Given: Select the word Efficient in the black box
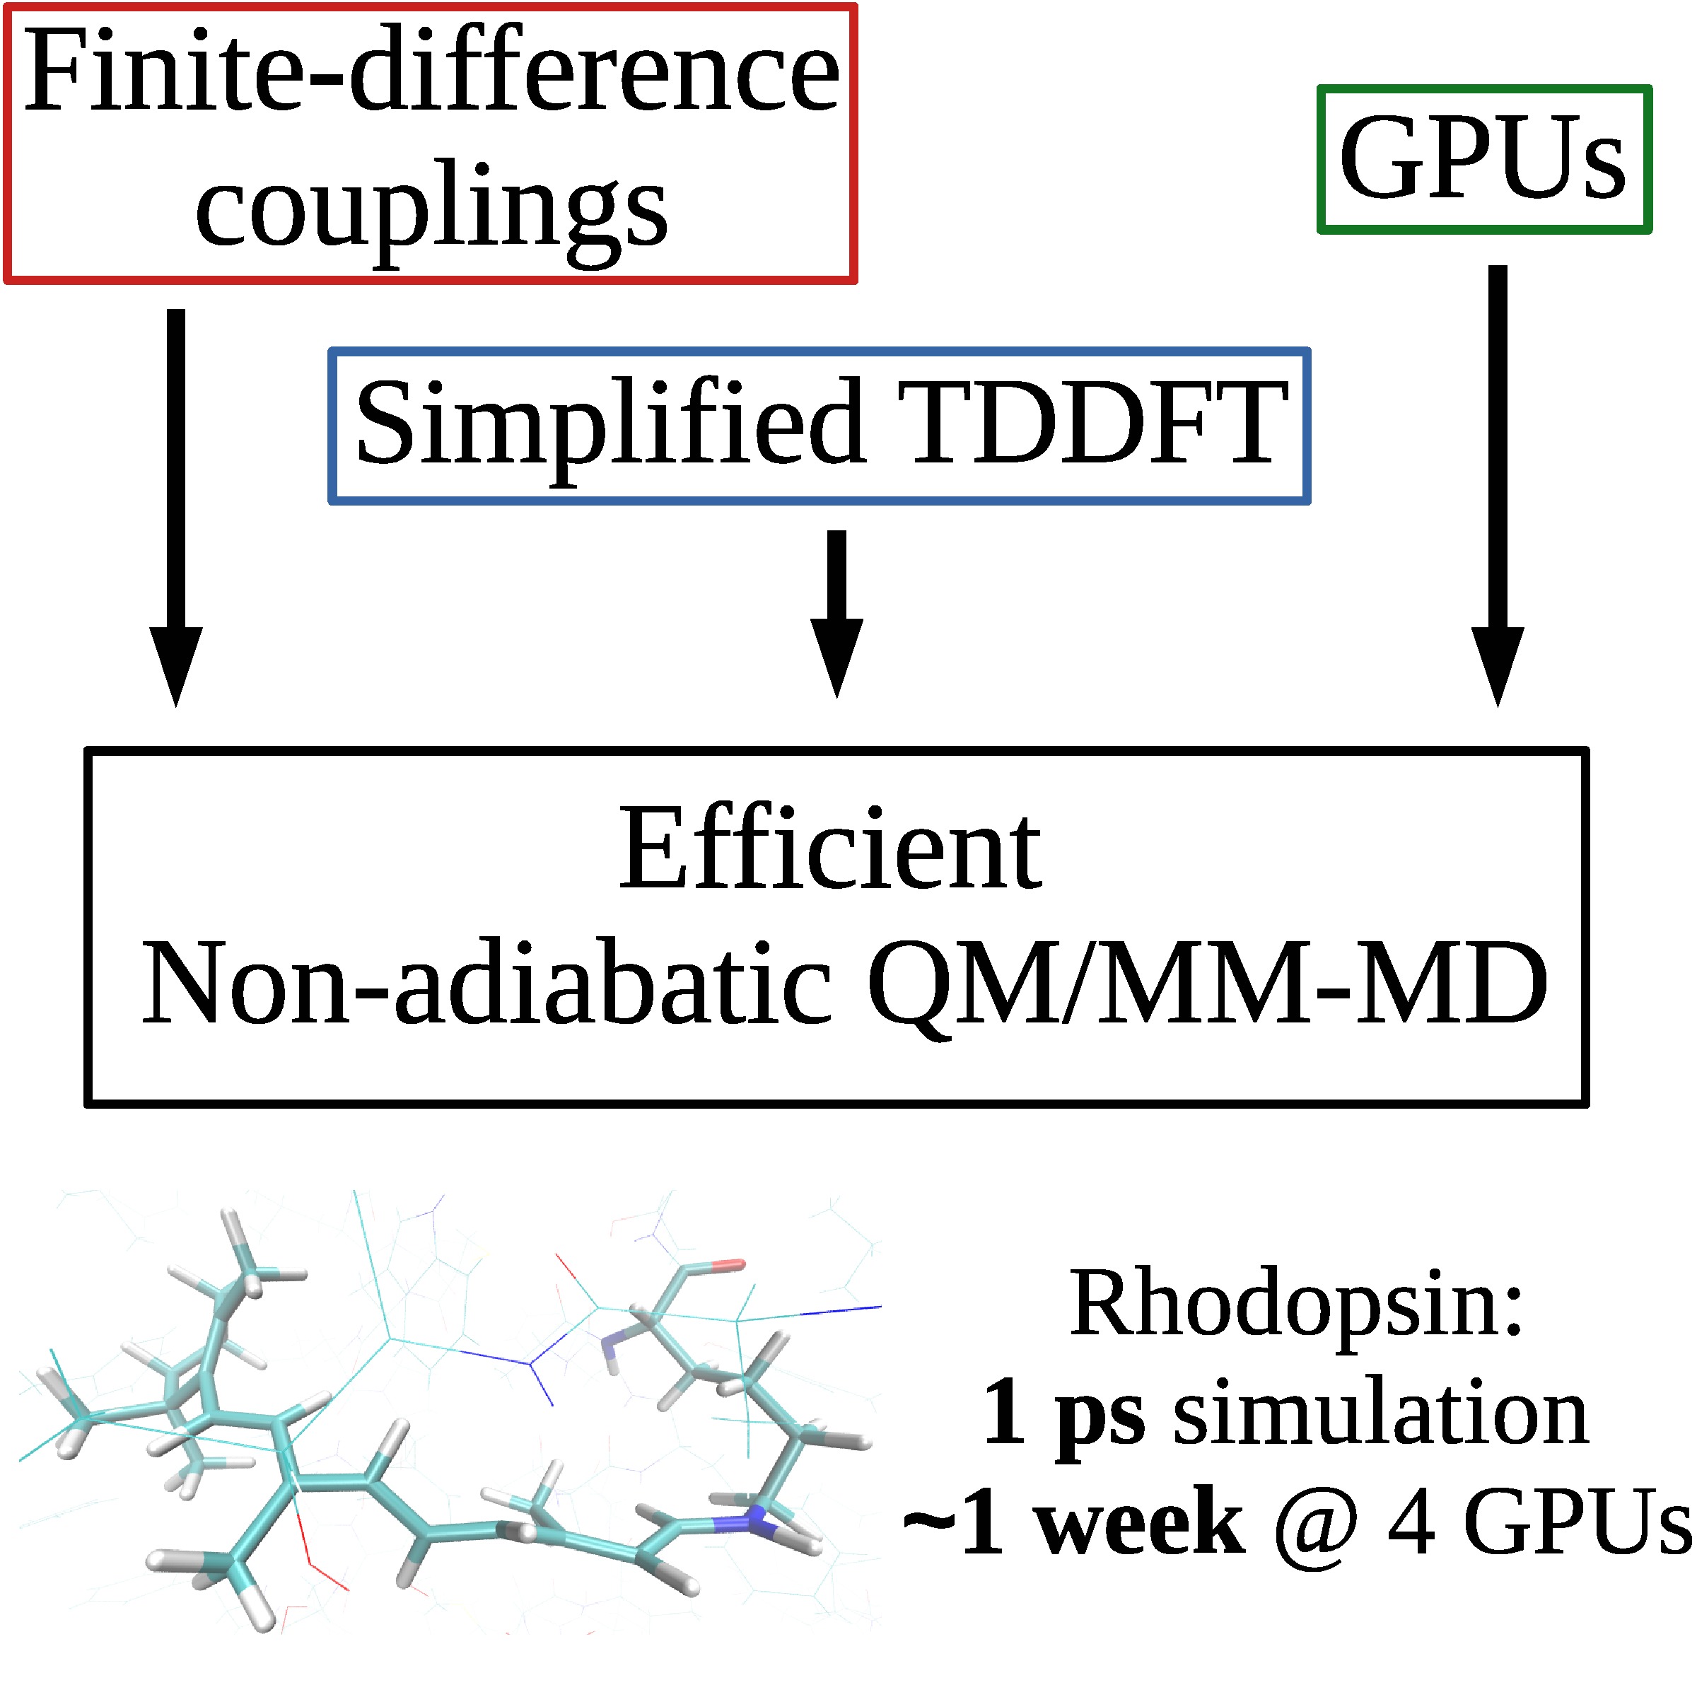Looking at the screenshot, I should [x=830, y=850].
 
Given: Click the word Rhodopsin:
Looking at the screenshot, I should [x=1295, y=1305].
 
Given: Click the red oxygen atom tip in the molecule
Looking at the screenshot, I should [x=728, y=1266].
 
